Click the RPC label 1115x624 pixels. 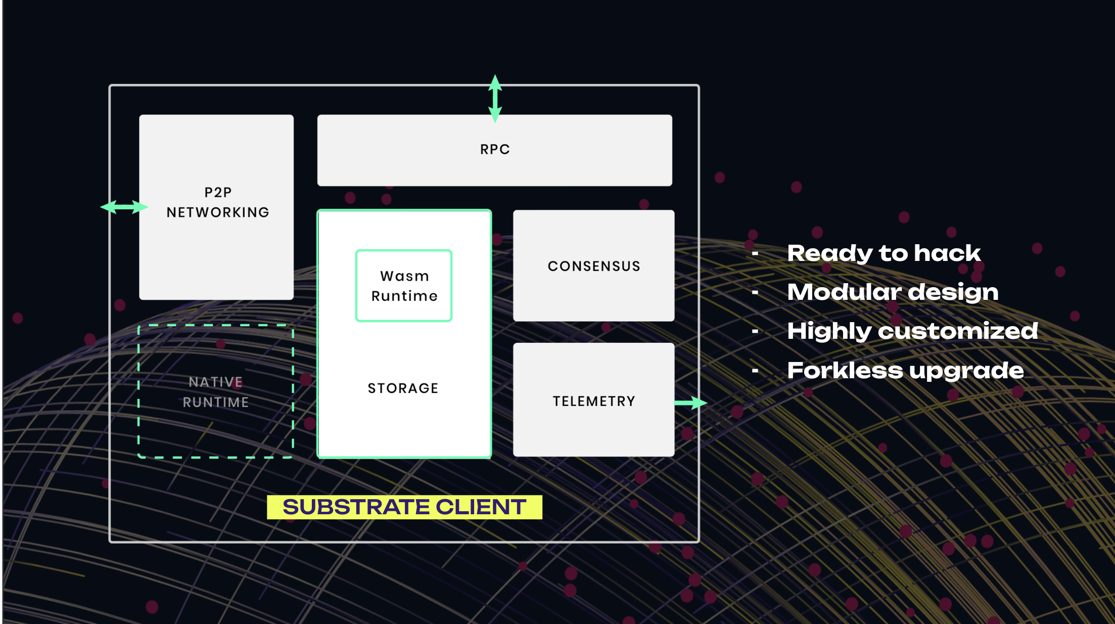click(495, 149)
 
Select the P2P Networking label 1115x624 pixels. click(218, 202)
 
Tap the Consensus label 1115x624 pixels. click(594, 266)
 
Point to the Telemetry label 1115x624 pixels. click(594, 401)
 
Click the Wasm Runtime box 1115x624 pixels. click(404, 286)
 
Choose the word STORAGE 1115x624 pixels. click(403, 388)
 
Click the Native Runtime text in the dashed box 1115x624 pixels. click(216, 392)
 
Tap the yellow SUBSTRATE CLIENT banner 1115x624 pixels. click(404, 507)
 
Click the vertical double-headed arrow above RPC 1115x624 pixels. click(495, 99)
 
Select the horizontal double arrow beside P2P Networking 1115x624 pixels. click(124, 207)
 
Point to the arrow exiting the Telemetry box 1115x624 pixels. click(691, 403)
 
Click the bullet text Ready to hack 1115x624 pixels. click(884, 253)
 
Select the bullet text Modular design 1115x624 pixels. click(893, 292)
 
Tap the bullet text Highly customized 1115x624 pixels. click(913, 331)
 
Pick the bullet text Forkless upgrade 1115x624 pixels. click(906, 371)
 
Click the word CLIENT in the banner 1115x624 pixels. click(481, 507)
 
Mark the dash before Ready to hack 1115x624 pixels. click(755, 253)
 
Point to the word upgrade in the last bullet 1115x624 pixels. click(966, 371)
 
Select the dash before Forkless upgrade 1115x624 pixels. click(755, 371)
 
